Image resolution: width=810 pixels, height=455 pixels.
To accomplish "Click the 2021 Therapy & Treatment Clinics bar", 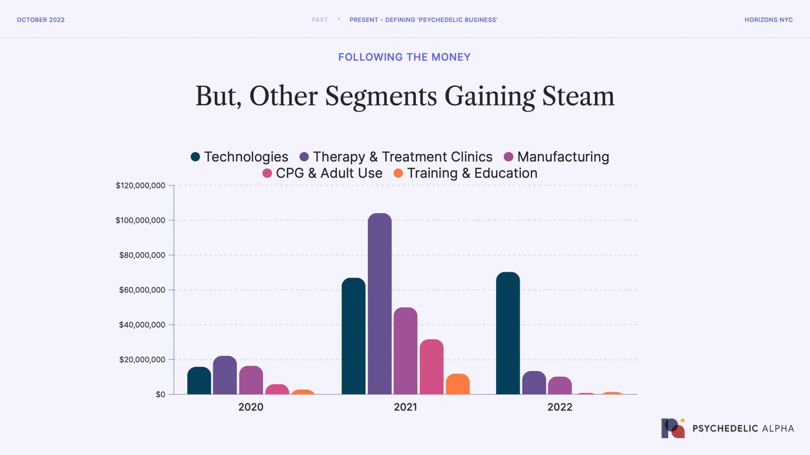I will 380,303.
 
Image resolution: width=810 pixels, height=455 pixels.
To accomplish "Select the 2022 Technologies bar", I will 508,333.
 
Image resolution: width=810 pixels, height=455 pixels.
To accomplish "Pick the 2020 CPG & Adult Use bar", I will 277,389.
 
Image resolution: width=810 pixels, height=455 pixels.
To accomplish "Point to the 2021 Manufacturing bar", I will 406,351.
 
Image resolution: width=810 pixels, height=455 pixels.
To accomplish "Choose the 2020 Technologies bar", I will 199,380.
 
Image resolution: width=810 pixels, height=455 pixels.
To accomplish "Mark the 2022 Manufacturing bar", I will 560,385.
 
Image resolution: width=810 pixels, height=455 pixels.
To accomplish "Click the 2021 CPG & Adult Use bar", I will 432,367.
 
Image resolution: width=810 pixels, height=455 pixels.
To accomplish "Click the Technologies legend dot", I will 195,157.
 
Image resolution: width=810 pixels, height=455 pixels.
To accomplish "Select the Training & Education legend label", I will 472,173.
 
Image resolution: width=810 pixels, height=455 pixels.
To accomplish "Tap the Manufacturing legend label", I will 563,157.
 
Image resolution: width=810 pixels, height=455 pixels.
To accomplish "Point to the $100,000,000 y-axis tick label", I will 140,220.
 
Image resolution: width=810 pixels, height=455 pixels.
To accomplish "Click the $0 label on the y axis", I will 160,394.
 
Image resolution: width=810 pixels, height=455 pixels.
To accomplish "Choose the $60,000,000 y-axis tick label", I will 142,290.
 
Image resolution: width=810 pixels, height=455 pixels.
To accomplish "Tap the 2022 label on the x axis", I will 560,407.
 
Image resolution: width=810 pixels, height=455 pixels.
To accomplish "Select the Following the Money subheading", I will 404,57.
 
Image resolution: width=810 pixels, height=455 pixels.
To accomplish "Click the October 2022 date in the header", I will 41,20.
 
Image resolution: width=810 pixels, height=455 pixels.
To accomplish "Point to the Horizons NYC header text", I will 769,20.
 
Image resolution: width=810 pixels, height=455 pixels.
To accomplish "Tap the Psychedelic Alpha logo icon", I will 673,428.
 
